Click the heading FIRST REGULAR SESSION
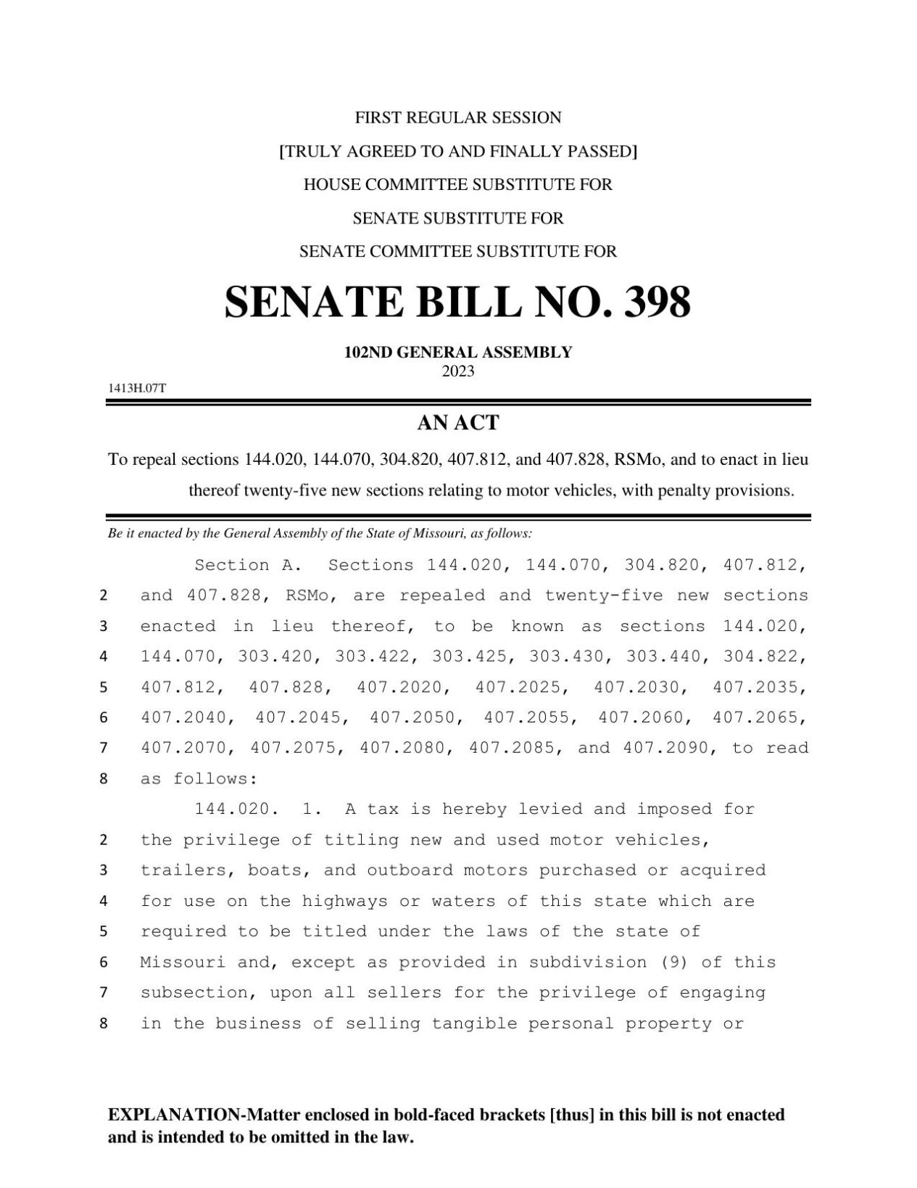458,117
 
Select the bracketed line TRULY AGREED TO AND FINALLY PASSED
458,151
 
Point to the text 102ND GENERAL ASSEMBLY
458,352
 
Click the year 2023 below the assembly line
458,371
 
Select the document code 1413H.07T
137,388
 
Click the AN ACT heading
458,423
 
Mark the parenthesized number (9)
675,962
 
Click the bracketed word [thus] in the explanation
573,1115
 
